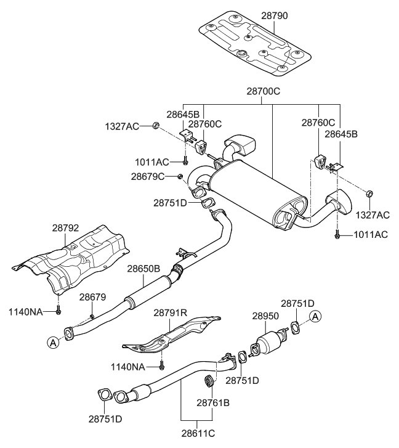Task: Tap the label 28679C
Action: tap(148, 177)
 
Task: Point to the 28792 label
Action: tap(66, 228)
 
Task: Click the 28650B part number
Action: tap(143, 269)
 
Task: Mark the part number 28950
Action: tap(266, 315)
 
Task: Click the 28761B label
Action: tap(213, 402)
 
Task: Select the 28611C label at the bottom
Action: tap(197, 434)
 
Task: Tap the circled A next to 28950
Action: tap(315, 317)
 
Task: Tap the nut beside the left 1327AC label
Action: tap(156, 126)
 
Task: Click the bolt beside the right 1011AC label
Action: tap(337, 235)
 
